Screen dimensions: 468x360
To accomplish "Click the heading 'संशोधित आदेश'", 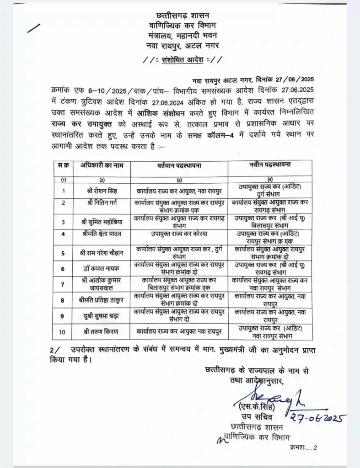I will coord(183,59).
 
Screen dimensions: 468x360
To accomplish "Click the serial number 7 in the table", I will coord(63,284).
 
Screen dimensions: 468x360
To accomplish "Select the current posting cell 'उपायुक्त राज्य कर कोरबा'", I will coord(180,234).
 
